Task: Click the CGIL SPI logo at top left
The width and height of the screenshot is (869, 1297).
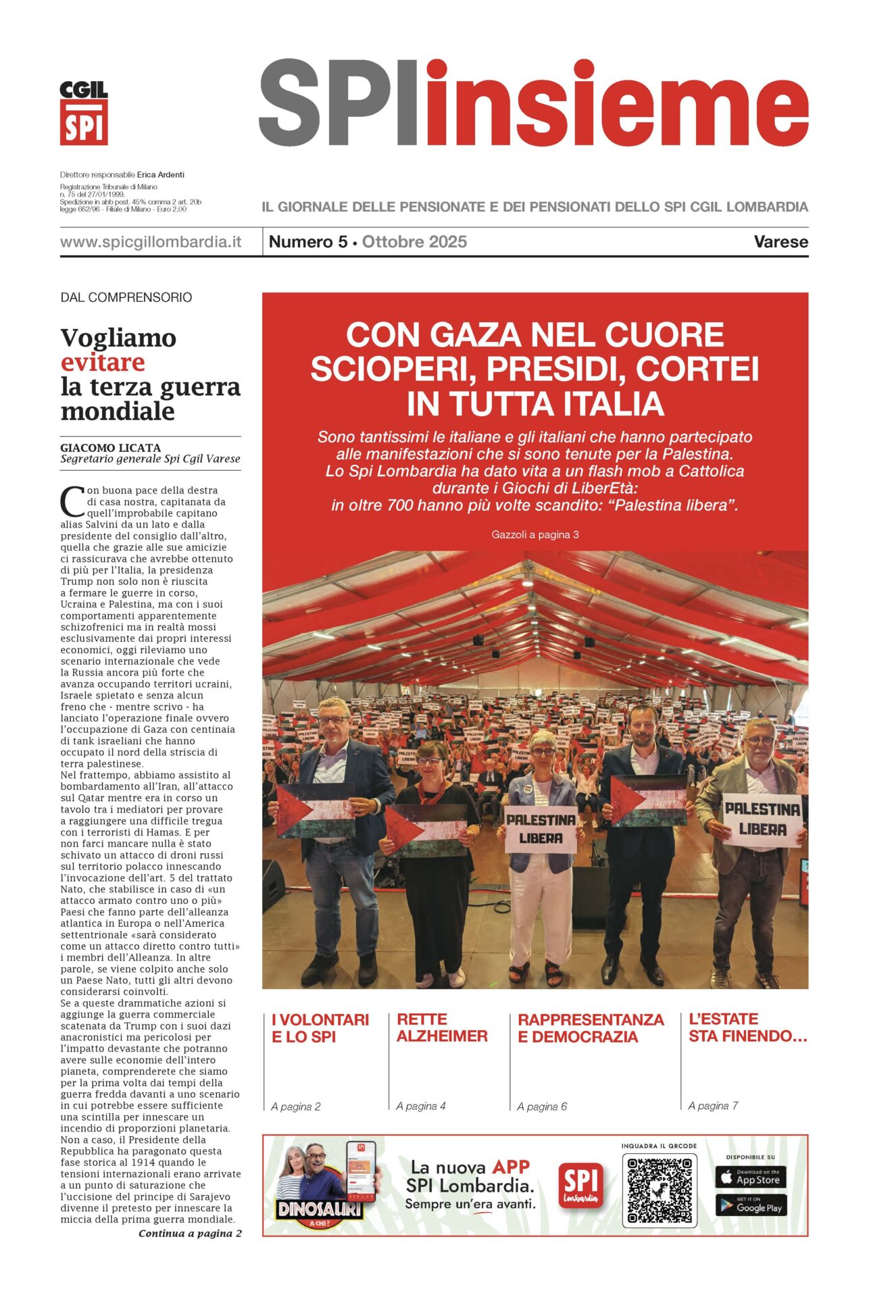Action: coord(84,113)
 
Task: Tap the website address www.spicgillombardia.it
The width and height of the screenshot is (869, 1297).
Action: coord(151,242)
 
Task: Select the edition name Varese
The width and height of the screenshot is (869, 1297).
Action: coord(780,242)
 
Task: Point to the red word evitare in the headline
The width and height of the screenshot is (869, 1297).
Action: coord(103,362)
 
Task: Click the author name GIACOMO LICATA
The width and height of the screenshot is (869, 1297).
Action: coord(111,447)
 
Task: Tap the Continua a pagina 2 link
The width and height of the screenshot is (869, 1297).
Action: coord(190,1234)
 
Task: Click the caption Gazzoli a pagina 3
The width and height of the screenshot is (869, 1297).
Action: coord(535,534)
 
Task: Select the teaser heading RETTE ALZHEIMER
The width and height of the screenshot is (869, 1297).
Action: coord(442,1027)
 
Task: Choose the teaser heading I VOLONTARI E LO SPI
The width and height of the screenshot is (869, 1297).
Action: coord(320,1027)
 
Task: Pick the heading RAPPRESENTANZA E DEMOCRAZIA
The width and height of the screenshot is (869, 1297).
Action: coord(591,1027)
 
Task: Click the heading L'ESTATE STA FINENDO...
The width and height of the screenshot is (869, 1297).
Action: coord(747,1027)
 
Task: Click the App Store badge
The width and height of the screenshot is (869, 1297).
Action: coord(750,1177)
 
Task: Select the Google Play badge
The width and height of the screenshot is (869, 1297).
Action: coord(750,1206)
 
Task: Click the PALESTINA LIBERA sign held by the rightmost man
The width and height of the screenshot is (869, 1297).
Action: coord(762,819)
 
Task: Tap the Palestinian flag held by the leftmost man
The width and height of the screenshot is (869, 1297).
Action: coord(316,811)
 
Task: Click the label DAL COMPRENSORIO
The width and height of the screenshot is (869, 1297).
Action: coord(126,297)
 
